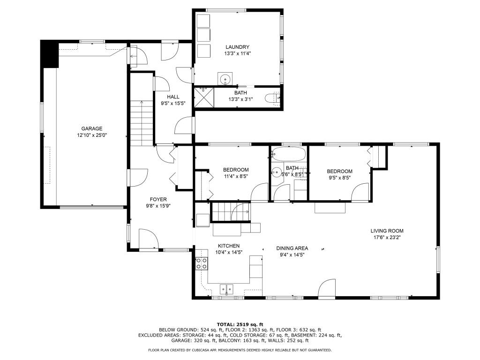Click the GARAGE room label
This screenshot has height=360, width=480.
91,128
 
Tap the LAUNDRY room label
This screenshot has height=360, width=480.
237,47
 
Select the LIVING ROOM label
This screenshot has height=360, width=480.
387,231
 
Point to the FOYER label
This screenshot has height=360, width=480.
158,199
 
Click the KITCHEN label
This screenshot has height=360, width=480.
229,246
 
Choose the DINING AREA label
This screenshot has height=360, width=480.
292,248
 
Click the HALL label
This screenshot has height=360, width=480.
173,97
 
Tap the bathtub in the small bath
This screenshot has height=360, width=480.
289,154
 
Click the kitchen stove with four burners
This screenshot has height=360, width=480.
202,263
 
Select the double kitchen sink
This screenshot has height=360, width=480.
226,289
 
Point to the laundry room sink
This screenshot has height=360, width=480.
225,79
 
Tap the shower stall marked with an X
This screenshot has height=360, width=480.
204,97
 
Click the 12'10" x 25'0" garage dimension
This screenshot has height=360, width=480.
92,135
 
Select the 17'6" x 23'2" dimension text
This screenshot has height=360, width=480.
387,237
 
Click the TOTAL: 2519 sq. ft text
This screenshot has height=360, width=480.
240,324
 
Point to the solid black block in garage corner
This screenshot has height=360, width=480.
49,54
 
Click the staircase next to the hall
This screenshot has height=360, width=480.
142,123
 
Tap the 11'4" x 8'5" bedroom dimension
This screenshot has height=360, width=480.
236,176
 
